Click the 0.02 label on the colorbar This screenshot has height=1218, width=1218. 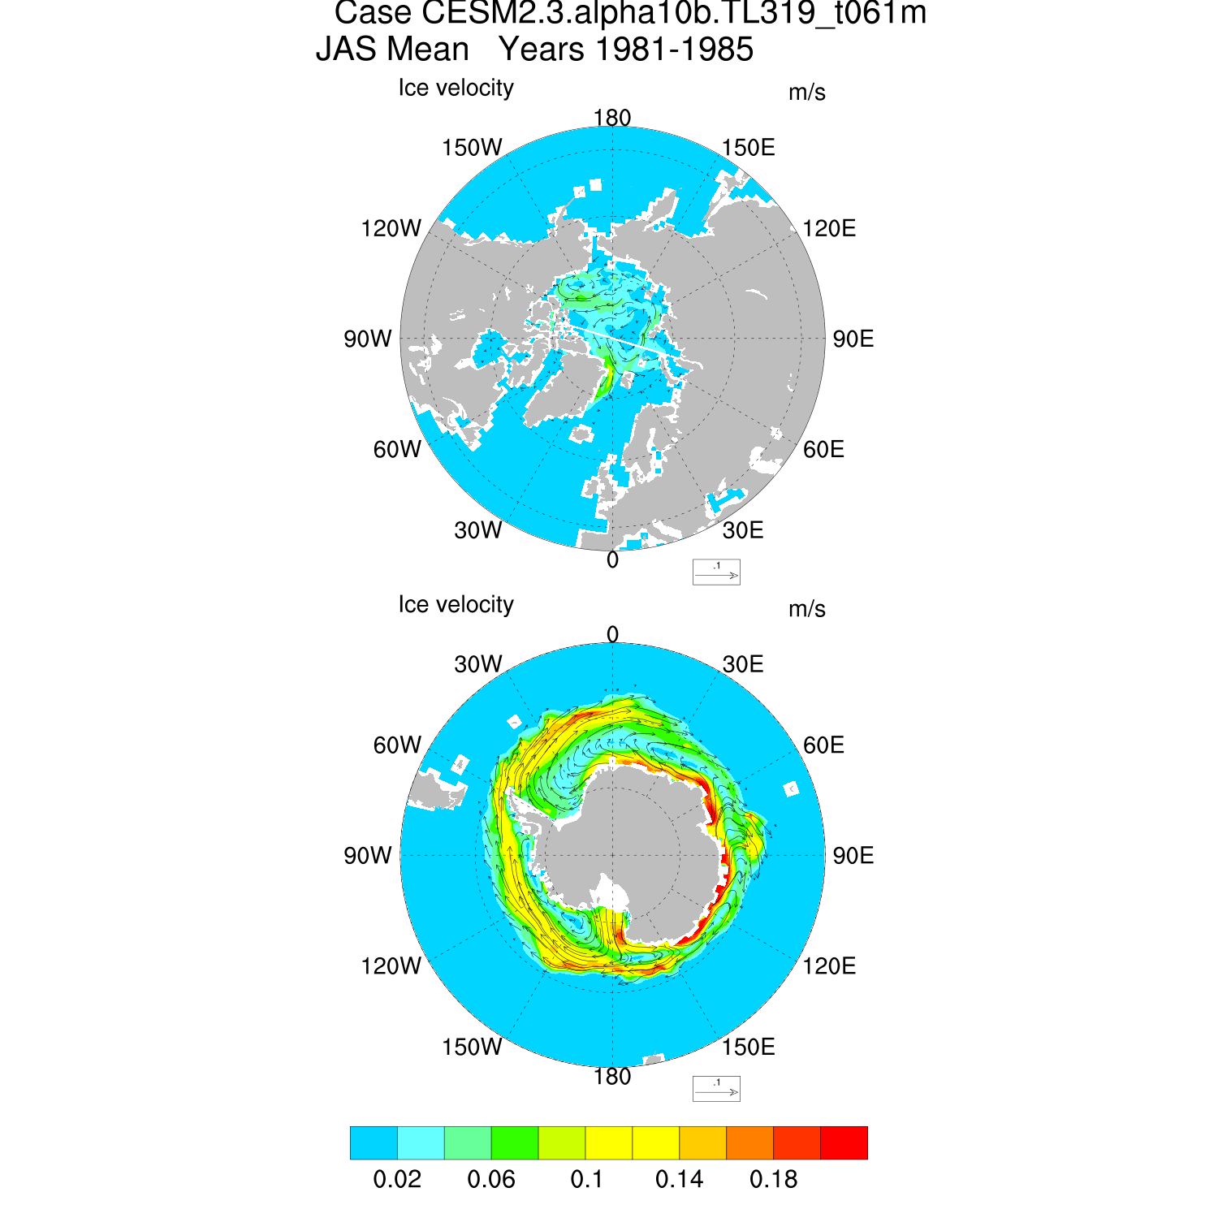397,1179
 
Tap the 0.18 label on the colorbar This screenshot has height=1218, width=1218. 774,1179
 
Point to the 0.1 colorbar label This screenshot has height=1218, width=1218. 586,1179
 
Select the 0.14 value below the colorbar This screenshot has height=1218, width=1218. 680,1179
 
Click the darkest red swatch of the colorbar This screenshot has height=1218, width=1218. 844,1142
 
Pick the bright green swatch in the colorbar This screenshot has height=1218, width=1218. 515,1142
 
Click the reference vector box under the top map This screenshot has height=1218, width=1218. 716,572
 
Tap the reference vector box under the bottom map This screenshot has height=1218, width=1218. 716,1089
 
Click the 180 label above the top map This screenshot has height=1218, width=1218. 612,119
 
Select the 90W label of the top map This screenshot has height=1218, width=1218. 368,339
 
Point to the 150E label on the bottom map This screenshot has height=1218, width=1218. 749,1047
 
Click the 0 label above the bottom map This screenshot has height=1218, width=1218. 613,634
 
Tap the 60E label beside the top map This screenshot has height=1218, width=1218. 823,450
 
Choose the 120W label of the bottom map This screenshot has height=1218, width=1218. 391,966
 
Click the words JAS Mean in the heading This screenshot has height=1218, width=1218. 392,50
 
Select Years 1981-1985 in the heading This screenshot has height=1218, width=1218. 626,50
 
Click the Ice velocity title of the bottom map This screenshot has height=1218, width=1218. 456,605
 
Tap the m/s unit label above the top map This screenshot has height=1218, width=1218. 806,93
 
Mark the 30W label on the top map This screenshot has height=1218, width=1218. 478,531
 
